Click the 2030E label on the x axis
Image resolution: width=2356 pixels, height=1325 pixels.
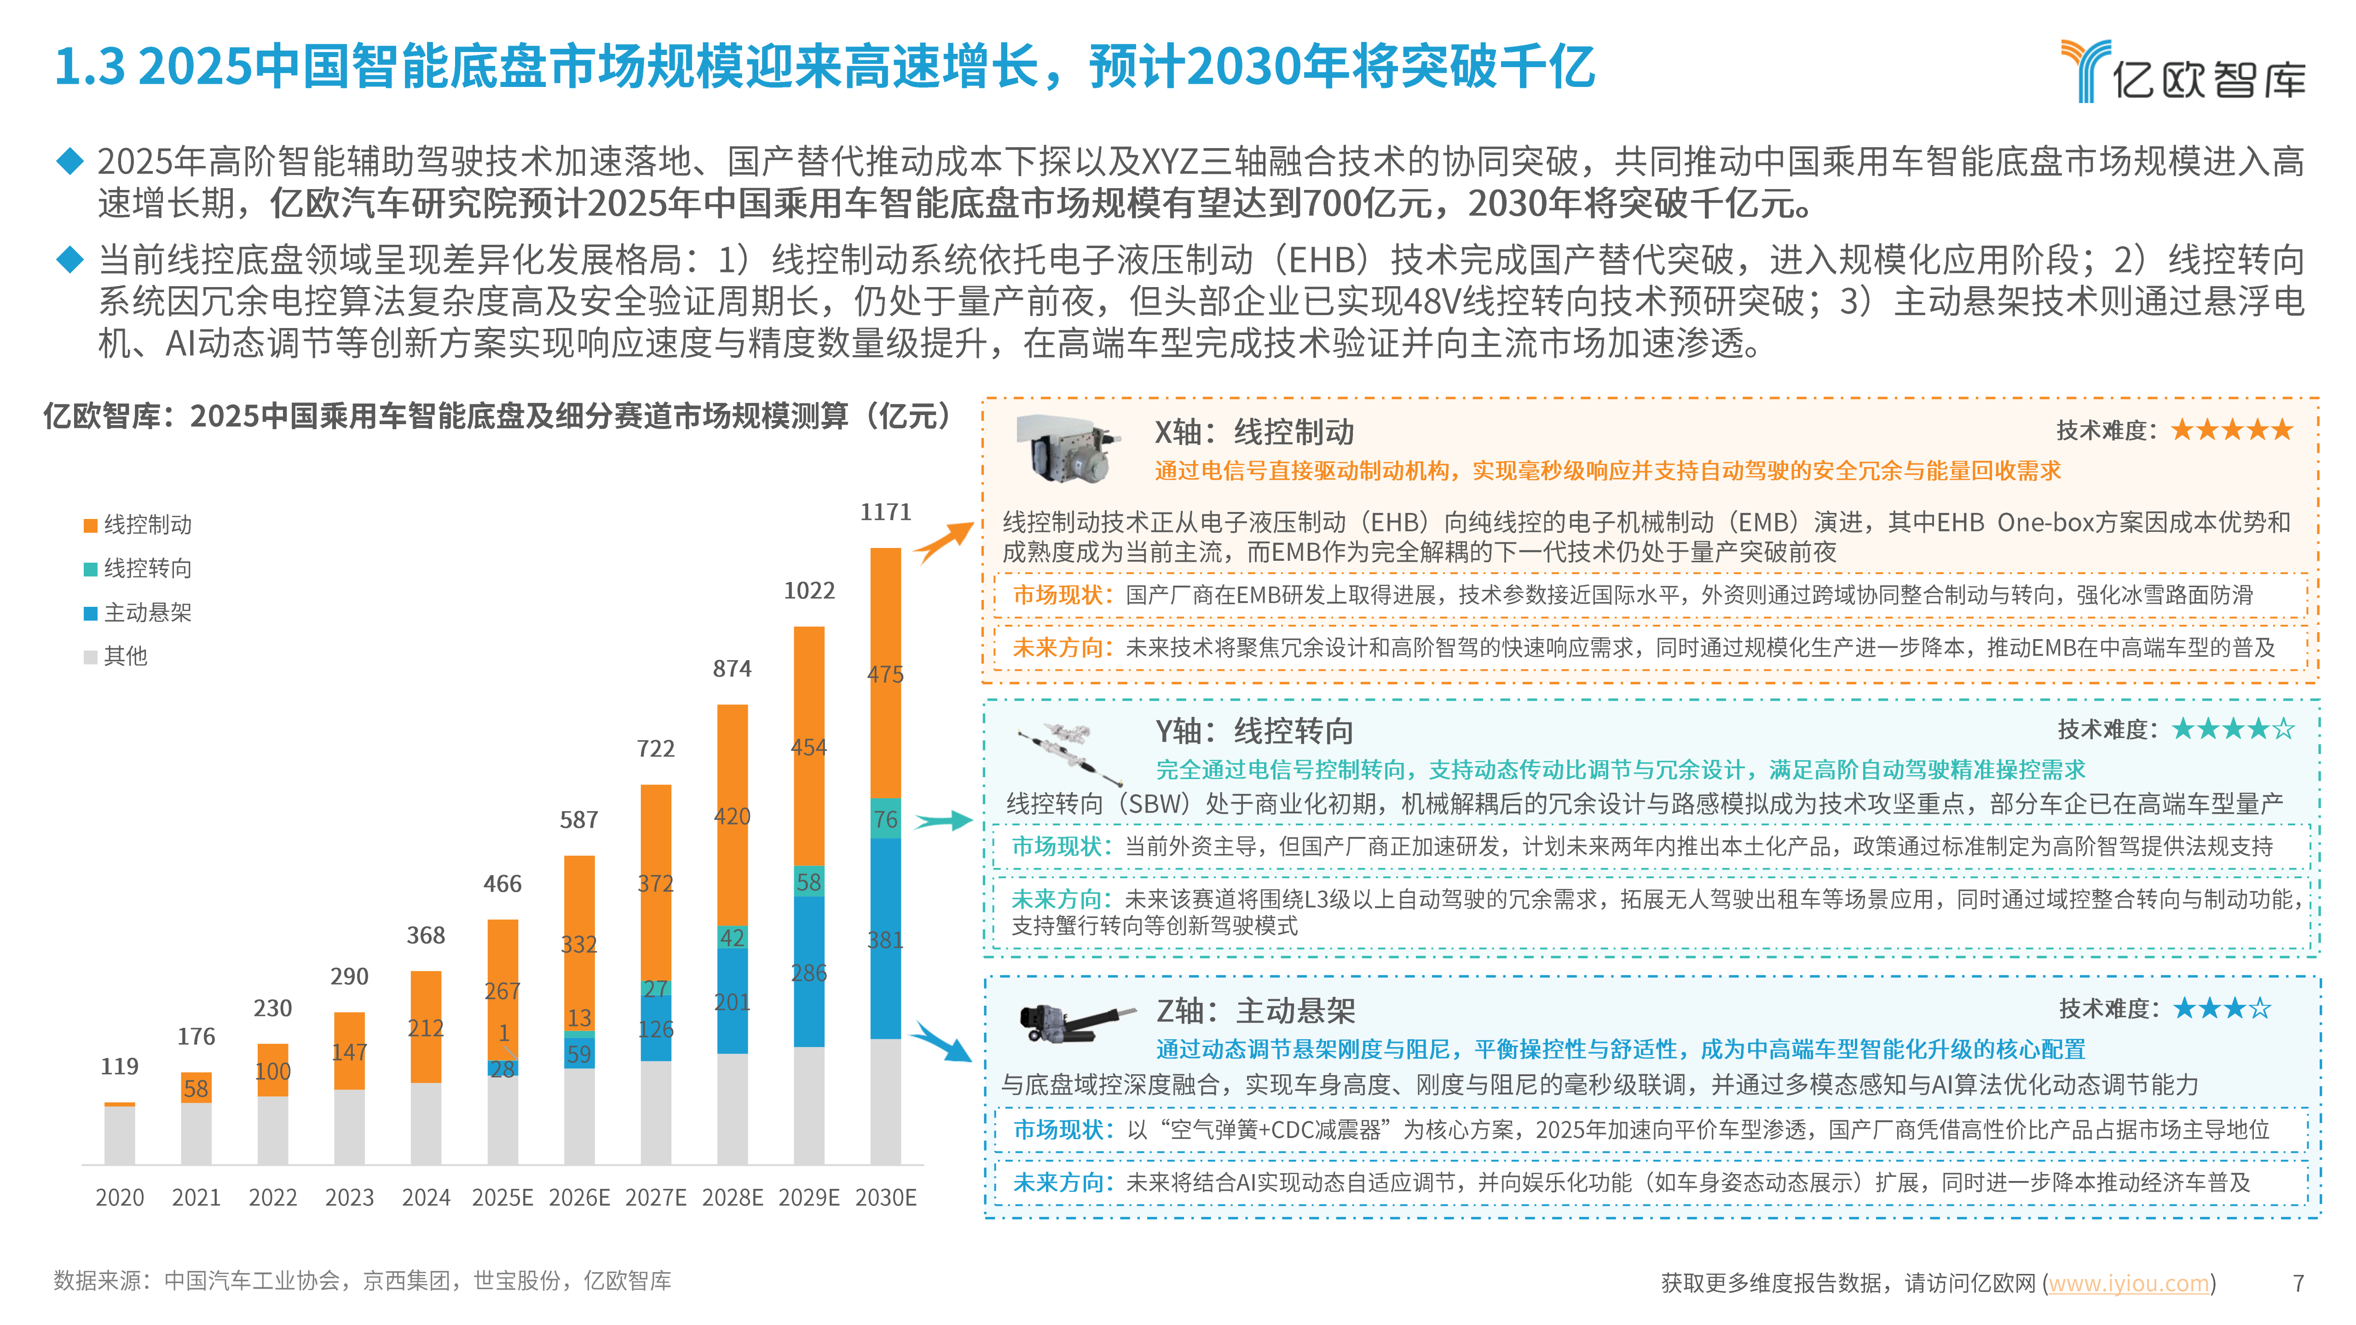click(x=885, y=1198)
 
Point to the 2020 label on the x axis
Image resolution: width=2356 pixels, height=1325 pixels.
click(x=120, y=1198)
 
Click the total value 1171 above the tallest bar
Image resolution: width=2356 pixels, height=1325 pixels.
click(x=885, y=512)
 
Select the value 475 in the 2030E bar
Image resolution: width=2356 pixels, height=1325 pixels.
click(x=885, y=675)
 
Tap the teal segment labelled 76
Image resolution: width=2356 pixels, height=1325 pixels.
click(x=885, y=819)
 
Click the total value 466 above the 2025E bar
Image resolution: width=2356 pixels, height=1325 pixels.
click(x=502, y=884)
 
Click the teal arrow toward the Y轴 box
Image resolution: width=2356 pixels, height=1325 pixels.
click(x=944, y=821)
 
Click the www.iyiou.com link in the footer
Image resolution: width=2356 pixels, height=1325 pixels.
click(x=2128, y=1284)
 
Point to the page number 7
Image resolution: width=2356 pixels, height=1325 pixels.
click(x=2298, y=1284)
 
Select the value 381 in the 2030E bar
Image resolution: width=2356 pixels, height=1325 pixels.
click(x=885, y=940)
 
